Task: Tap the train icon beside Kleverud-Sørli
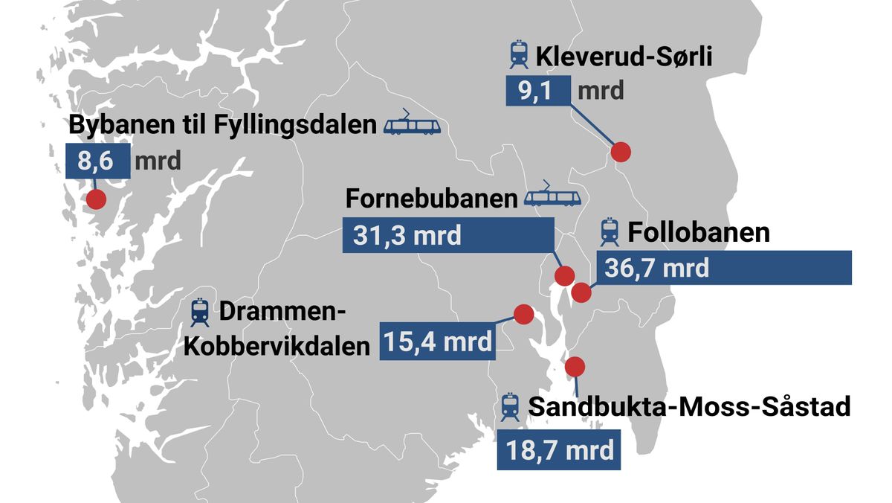click(x=518, y=55)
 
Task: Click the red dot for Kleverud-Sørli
click(x=621, y=152)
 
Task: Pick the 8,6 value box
click(x=97, y=161)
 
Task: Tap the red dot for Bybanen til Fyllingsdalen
click(x=95, y=199)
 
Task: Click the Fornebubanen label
click(x=431, y=199)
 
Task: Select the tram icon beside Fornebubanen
click(x=552, y=196)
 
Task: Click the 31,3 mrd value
click(x=407, y=236)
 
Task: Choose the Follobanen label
click(x=698, y=232)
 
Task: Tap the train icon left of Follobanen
click(x=610, y=232)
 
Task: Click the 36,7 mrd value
click(x=657, y=267)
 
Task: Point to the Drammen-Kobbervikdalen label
click(x=277, y=330)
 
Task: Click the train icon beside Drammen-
click(x=199, y=313)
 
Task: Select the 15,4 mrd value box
click(x=437, y=342)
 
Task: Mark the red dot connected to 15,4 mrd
click(x=524, y=315)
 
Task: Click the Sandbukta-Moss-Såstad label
click(x=689, y=407)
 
